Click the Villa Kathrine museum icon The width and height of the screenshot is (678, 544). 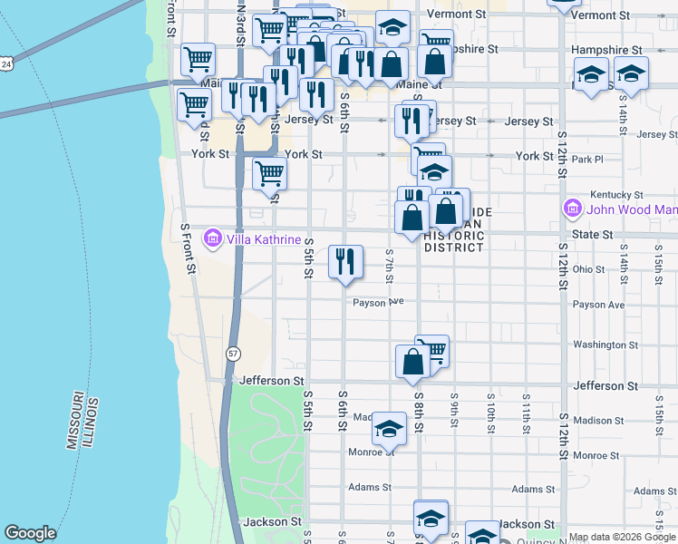[213, 238]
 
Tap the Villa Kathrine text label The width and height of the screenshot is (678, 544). [263, 239]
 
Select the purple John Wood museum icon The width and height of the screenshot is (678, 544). [572, 209]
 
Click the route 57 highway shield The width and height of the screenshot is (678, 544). [234, 354]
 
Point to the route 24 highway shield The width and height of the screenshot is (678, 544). [6, 64]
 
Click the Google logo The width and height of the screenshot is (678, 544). [30, 533]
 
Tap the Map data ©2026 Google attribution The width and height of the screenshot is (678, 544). [622, 538]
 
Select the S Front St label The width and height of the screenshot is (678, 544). [188, 249]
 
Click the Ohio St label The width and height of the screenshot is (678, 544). [588, 269]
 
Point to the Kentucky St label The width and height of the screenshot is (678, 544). [616, 195]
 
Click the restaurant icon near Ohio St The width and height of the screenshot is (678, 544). [345, 262]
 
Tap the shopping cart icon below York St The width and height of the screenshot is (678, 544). [269, 172]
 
